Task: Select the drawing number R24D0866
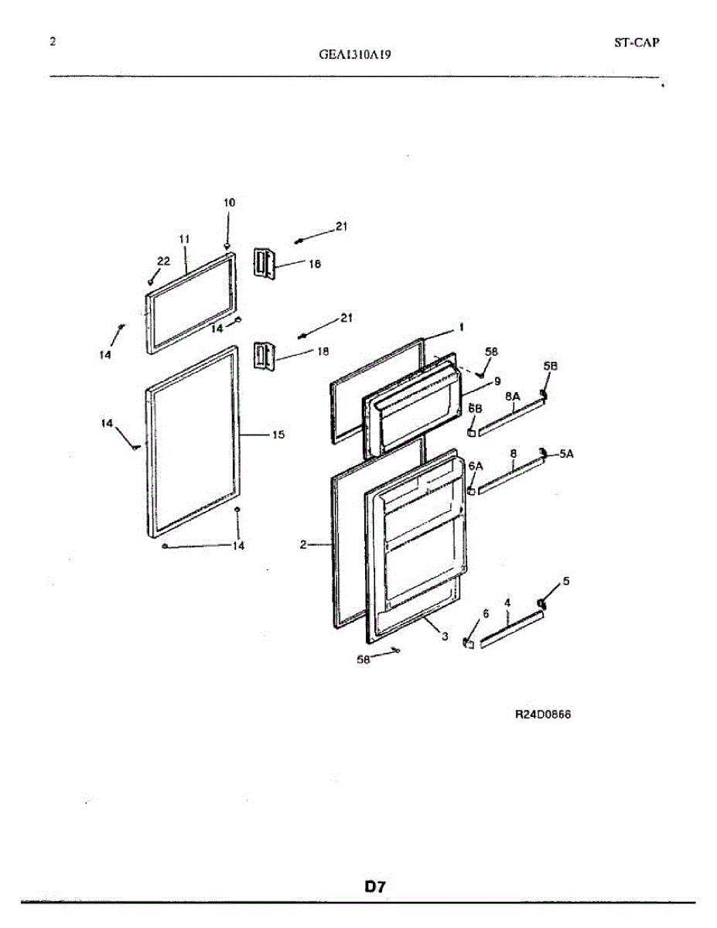coord(543,715)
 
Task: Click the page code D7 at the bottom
coord(375,887)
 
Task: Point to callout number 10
coord(229,203)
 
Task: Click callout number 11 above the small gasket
coord(184,240)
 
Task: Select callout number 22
coord(163,261)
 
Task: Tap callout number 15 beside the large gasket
coord(278,435)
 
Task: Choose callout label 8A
coord(512,396)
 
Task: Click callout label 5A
coord(566,454)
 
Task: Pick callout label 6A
coord(475,466)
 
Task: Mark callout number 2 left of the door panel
coord(303,544)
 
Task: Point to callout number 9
coord(497,380)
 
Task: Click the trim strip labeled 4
coord(510,628)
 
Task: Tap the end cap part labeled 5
coord(541,603)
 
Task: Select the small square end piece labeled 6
coord(468,643)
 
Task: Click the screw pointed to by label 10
coord(227,247)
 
